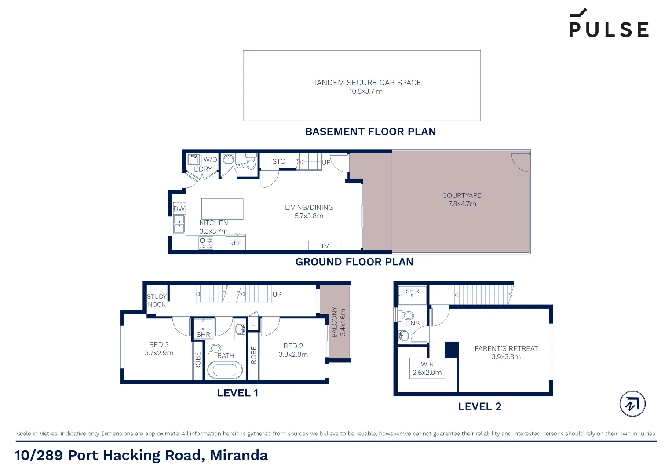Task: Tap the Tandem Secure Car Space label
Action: pos(367,83)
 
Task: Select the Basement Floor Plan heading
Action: pos(370,132)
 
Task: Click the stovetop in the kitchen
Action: pos(206,243)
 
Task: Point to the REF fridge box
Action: pos(236,243)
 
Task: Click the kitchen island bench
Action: pos(222,208)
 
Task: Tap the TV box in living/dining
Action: pos(325,246)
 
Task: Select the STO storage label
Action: pos(278,161)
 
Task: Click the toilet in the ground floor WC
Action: pos(251,163)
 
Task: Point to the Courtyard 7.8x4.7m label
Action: pos(462,200)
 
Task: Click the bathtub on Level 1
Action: pos(225,370)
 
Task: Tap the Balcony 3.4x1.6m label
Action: pos(338,322)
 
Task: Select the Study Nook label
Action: pos(157,300)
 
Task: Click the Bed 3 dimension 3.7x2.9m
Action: pos(159,353)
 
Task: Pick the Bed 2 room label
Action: pos(293,346)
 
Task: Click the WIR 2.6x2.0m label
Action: pos(427,368)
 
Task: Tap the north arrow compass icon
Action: pos(632,404)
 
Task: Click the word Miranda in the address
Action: pos(239,455)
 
